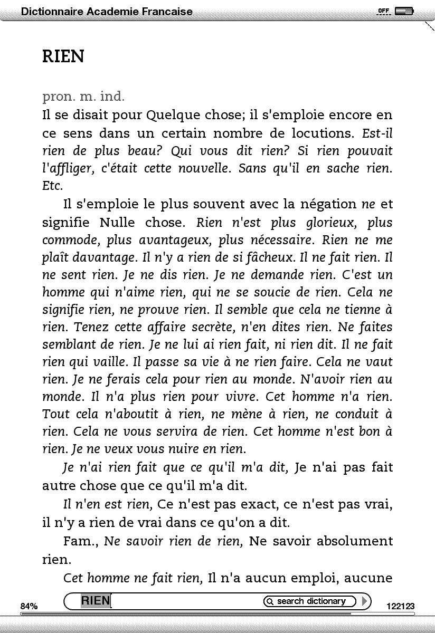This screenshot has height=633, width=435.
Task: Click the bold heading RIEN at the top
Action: [x=63, y=56]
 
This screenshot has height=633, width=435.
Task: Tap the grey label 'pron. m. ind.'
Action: [x=83, y=97]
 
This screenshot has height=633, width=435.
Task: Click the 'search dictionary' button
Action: [x=311, y=601]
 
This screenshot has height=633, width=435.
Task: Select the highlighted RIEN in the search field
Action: [x=96, y=601]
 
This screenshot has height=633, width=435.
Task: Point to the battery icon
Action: [x=404, y=11]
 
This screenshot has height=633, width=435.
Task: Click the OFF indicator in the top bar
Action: [x=384, y=11]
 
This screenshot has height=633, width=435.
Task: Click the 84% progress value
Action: [x=29, y=607]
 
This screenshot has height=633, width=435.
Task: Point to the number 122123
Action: [x=401, y=607]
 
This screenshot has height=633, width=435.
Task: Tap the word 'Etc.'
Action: [x=52, y=186]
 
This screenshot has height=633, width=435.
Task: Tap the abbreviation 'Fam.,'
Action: [x=81, y=541]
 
